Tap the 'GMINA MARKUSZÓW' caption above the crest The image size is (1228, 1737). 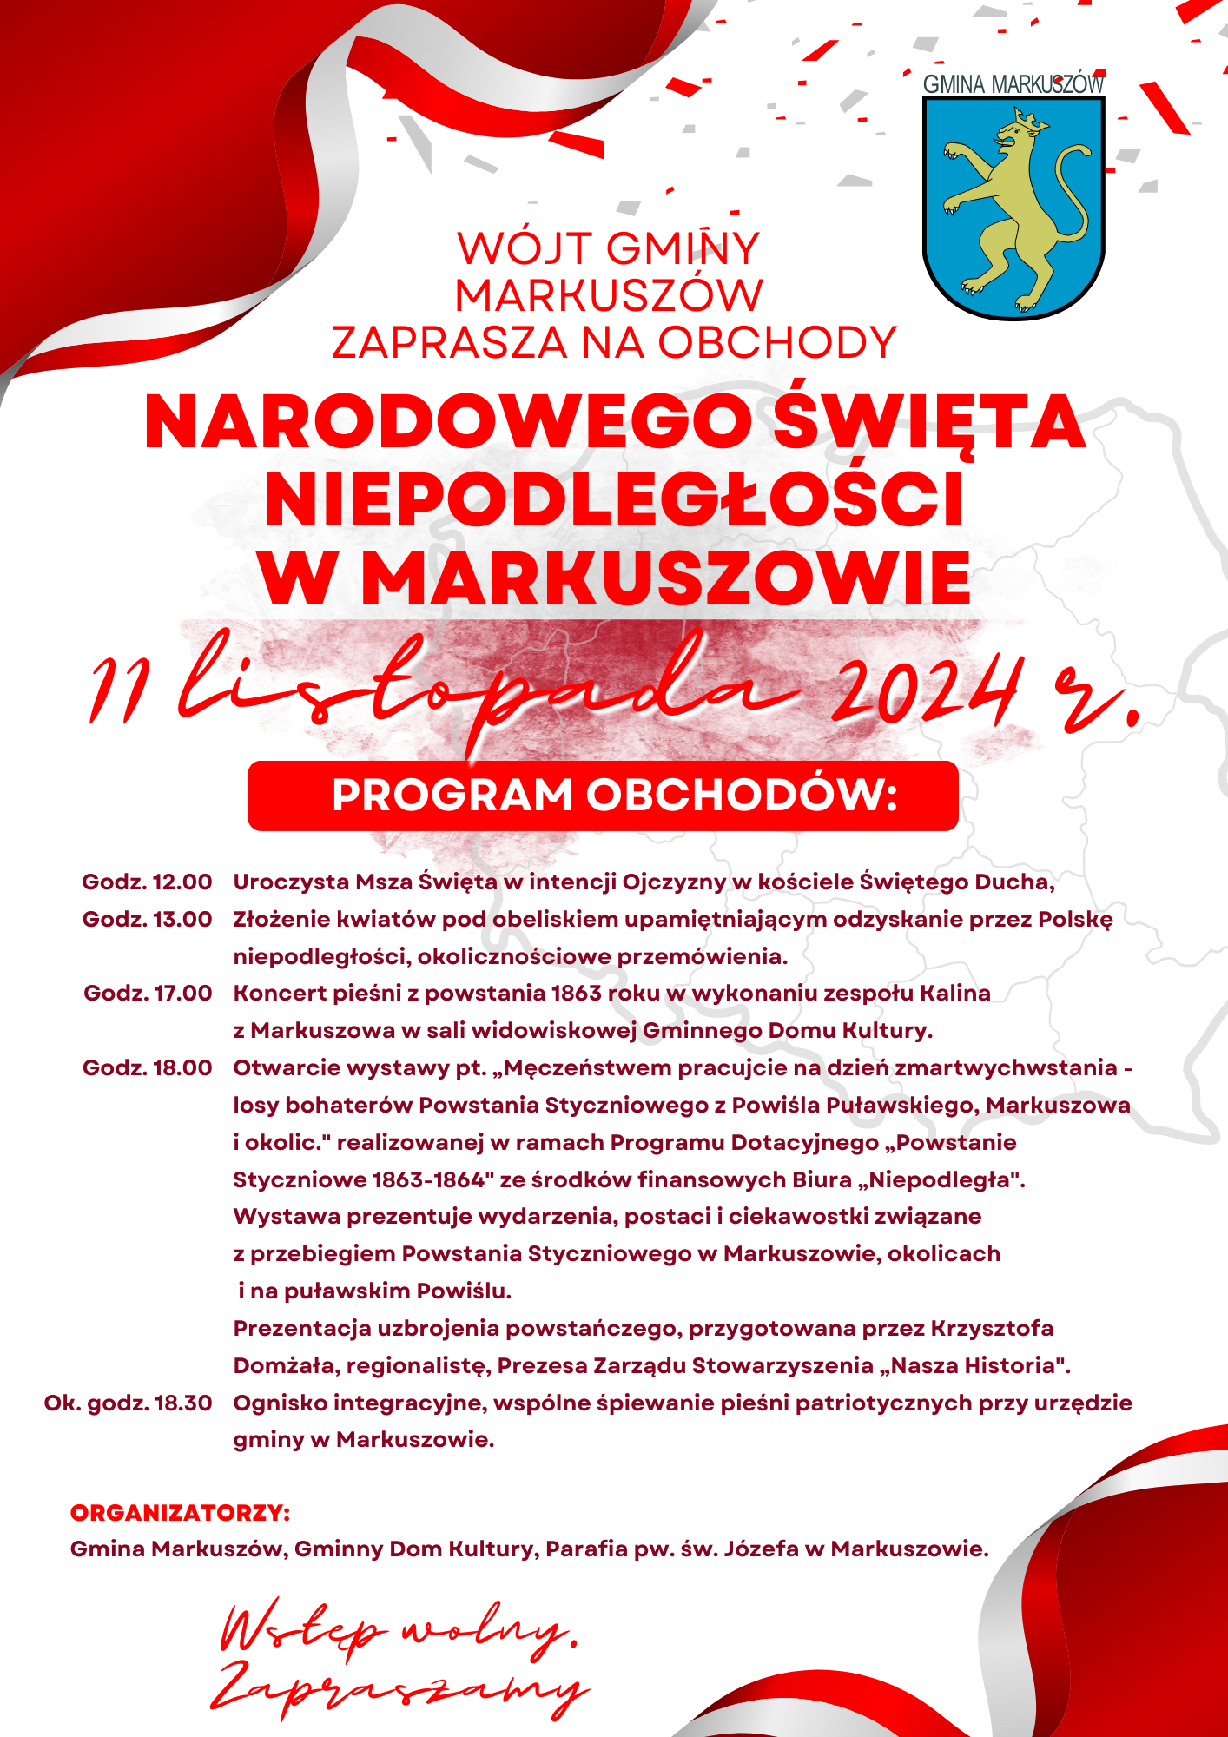tap(1013, 84)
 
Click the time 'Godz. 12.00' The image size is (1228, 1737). tap(147, 882)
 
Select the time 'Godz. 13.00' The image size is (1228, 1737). tap(147, 920)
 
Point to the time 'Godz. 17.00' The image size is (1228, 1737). tap(148, 994)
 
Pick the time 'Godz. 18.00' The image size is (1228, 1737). tap(147, 1068)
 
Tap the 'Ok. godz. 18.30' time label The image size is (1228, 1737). tap(128, 1403)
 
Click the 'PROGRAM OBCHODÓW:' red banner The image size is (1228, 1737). tap(603, 796)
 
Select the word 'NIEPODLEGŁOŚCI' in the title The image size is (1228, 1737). tap(614, 500)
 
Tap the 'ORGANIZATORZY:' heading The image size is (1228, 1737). tap(180, 1513)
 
